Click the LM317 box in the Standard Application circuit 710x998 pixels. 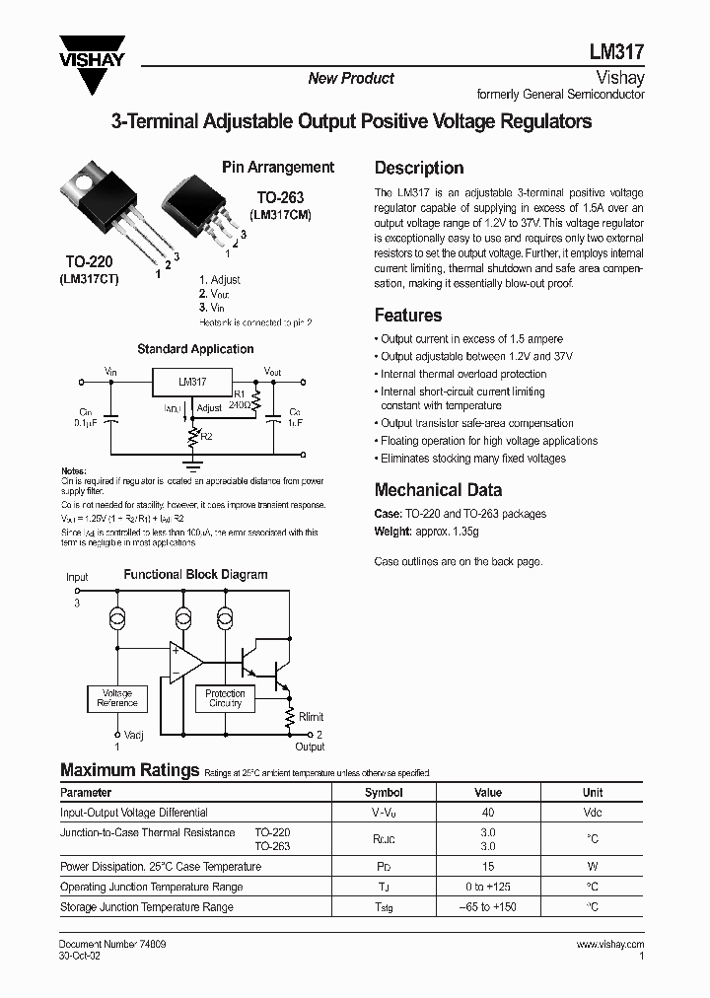point(192,381)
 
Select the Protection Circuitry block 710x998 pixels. point(225,699)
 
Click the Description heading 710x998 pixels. point(419,168)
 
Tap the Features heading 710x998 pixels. point(408,316)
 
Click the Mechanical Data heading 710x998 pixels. point(438,490)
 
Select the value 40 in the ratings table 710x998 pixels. point(487,813)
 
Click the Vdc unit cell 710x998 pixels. point(592,813)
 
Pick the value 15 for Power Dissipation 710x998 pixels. point(487,867)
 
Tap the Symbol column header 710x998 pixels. point(384,792)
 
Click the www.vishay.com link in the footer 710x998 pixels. point(609,945)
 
